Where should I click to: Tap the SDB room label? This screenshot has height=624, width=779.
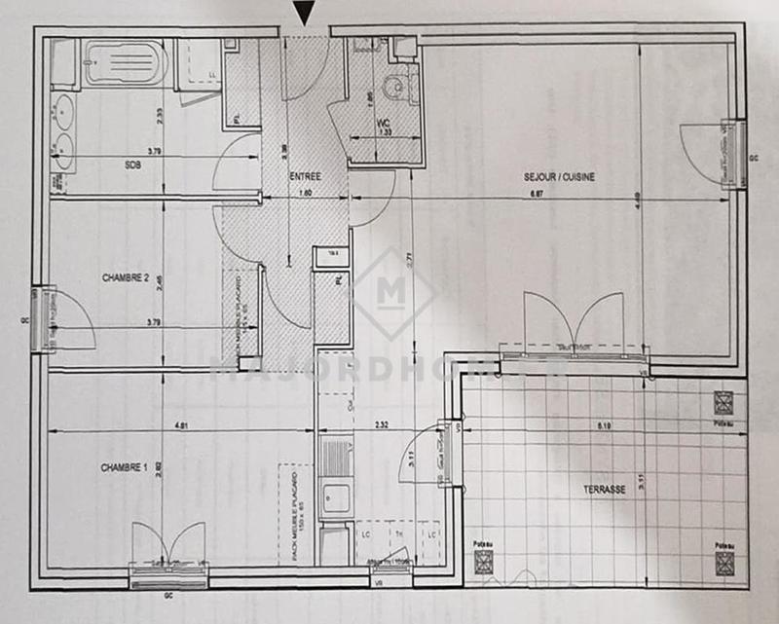point(132,165)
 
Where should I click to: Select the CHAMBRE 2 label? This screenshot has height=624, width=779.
point(125,277)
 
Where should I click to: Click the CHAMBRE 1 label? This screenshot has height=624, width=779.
point(124,467)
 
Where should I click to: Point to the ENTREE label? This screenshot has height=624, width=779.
point(305,176)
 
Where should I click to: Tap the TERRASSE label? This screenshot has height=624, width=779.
point(605,490)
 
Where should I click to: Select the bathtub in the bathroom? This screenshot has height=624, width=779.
point(125,63)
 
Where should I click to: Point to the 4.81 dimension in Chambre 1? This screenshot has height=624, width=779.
point(182,424)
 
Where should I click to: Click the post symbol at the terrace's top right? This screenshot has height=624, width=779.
point(723,402)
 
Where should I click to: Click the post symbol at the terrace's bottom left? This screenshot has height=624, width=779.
point(483,562)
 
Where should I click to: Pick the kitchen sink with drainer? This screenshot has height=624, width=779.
point(335,477)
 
